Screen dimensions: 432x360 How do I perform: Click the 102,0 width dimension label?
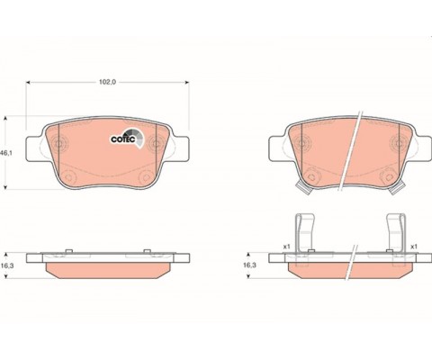click(x=107, y=82)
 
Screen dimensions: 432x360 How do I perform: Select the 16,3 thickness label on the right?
click(x=249, y=265)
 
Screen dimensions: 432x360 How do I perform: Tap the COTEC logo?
click(x=127, y=138)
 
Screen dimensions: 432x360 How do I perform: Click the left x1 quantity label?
click(x=287, y=247)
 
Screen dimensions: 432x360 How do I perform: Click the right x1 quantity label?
click(x=414, y=247)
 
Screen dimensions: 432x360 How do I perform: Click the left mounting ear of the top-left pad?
click(x=33, y=148)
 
